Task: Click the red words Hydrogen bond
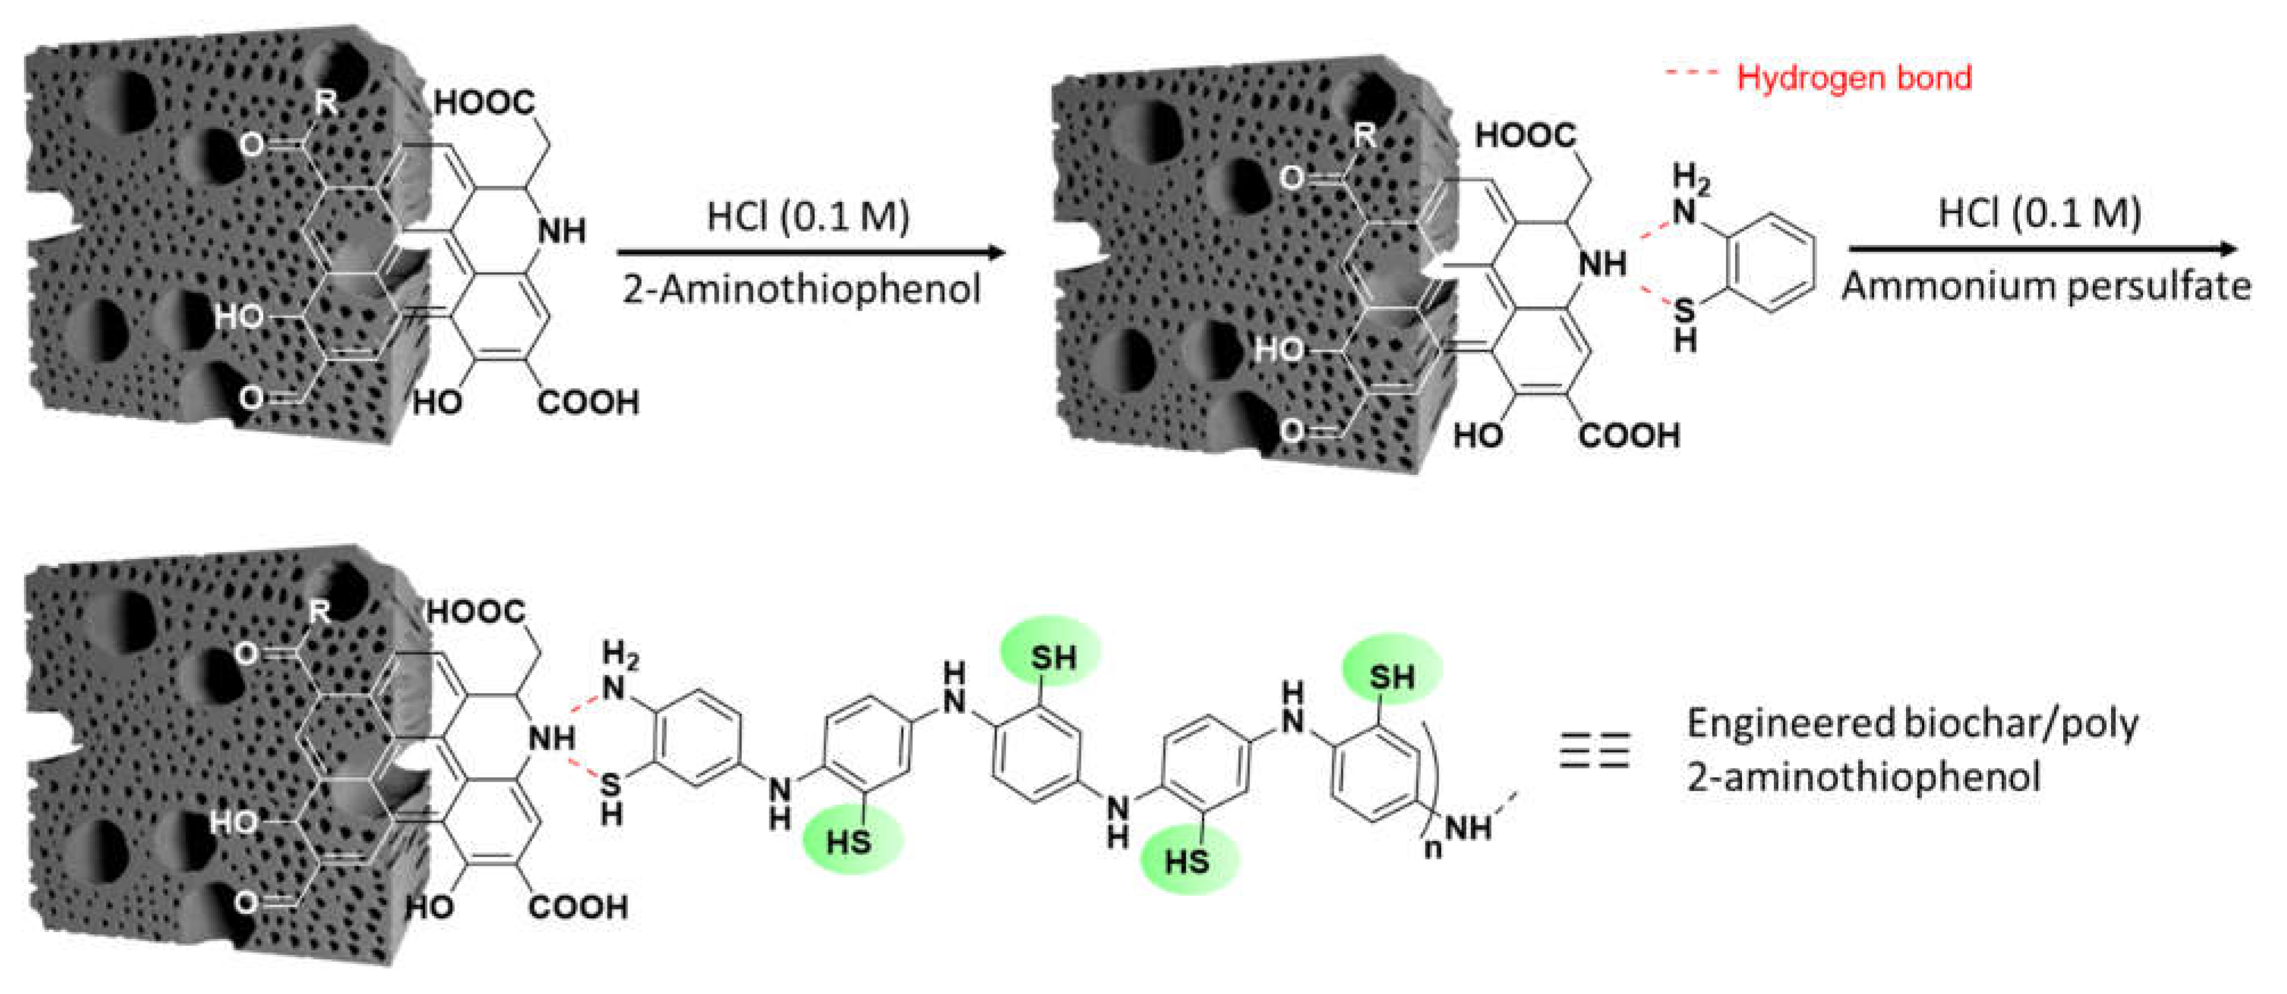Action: pyautogui.click(x=1854, y=78)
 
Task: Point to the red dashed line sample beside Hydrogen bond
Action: pyautogui.click(x=1692, y=73)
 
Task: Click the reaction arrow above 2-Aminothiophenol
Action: pyautogui.click(x=810, y=253)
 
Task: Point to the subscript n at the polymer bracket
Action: pyautogui.click(x=1433, y=848)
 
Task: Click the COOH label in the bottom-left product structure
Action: pyautogui.click(x=578, y=907)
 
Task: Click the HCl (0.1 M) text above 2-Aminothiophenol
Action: pyautogui.click(x=808, y=216)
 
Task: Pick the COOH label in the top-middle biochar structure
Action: pyautogui.click(x=1629, y=436)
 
